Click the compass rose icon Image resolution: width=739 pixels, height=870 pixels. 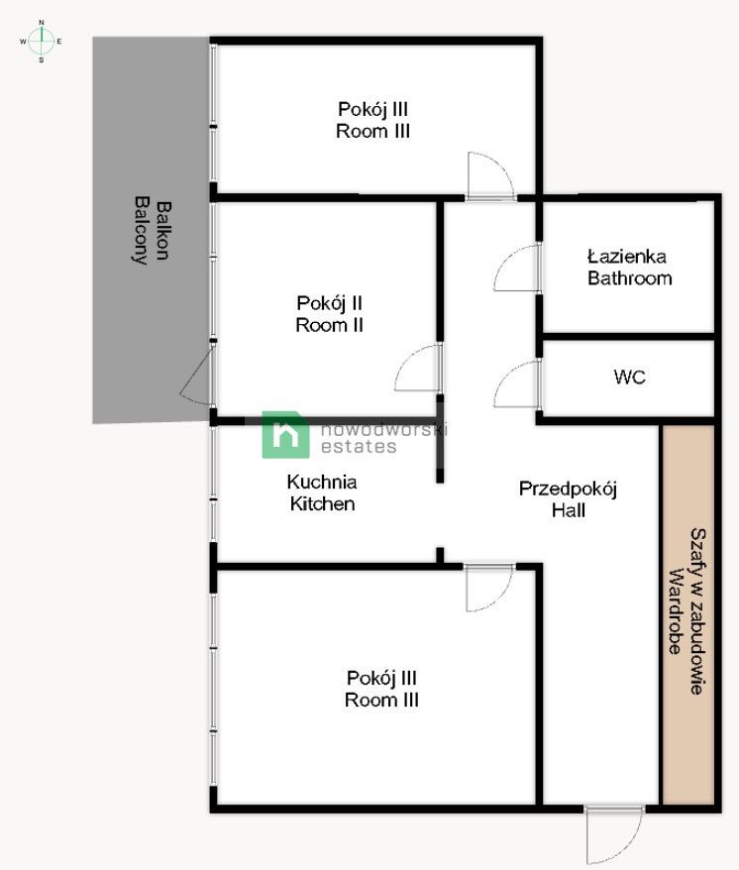41,41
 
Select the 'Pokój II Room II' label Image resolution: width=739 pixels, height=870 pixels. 329,313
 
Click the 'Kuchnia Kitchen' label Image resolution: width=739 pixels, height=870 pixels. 322,492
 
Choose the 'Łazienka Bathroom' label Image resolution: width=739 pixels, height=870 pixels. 629,268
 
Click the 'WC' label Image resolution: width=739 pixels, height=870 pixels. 630,378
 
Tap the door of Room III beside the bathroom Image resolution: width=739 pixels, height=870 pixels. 489,176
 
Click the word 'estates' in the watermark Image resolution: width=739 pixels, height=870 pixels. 359,447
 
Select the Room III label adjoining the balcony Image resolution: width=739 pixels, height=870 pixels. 373,119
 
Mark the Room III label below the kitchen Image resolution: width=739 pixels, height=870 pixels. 381,689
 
